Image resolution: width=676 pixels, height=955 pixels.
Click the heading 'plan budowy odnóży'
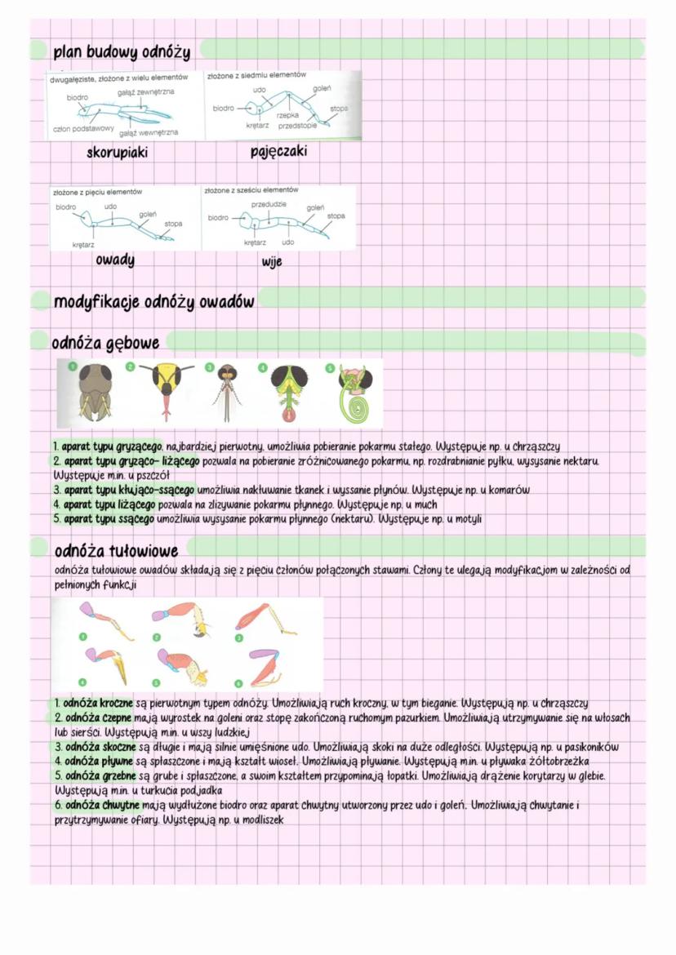pos(122,53)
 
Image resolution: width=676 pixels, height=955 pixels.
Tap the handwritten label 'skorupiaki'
pos(118,152)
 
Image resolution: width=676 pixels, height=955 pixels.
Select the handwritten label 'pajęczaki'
pos(279,152)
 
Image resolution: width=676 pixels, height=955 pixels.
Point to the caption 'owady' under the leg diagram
pos(114,260)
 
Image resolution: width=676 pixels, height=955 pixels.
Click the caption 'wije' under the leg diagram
pos(272,262)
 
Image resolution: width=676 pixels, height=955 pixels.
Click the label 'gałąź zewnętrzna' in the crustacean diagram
pos(146,91)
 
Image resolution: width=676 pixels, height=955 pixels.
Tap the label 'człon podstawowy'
pos(82,128)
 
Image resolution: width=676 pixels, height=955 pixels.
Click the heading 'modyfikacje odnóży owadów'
pos(154,301)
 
